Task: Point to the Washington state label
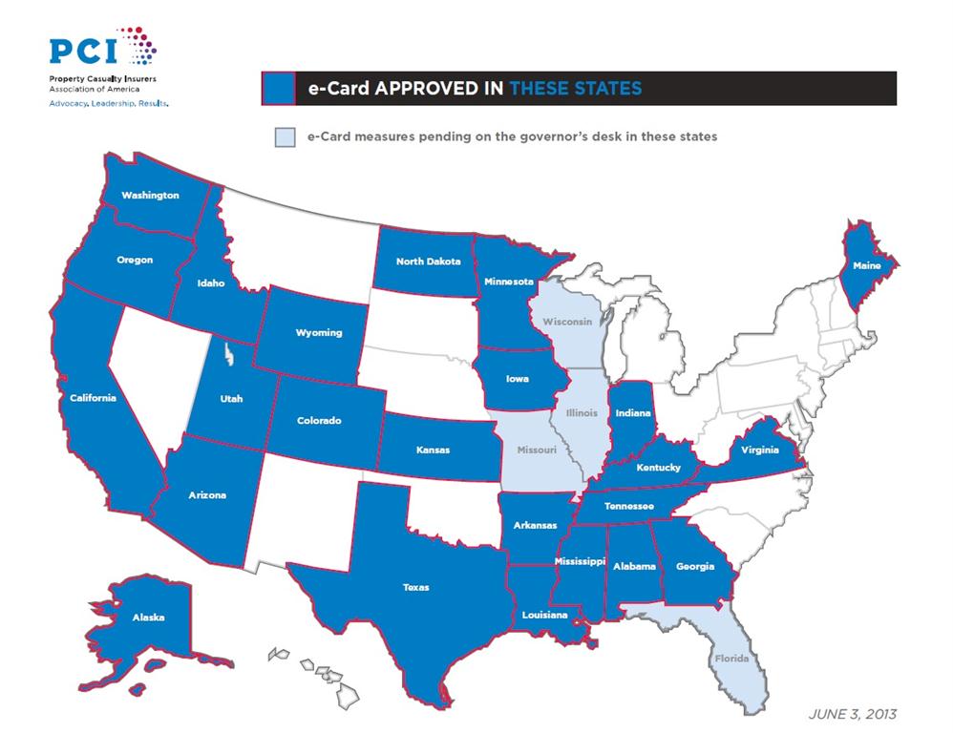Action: click(150, 196)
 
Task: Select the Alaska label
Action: click(148, 618)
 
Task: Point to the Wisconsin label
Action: click(567, 322)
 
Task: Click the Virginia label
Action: click(759, 450)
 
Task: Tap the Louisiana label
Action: click(544, 616)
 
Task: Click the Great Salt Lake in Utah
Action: click(226, 357)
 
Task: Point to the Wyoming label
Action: click(318, 333)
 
